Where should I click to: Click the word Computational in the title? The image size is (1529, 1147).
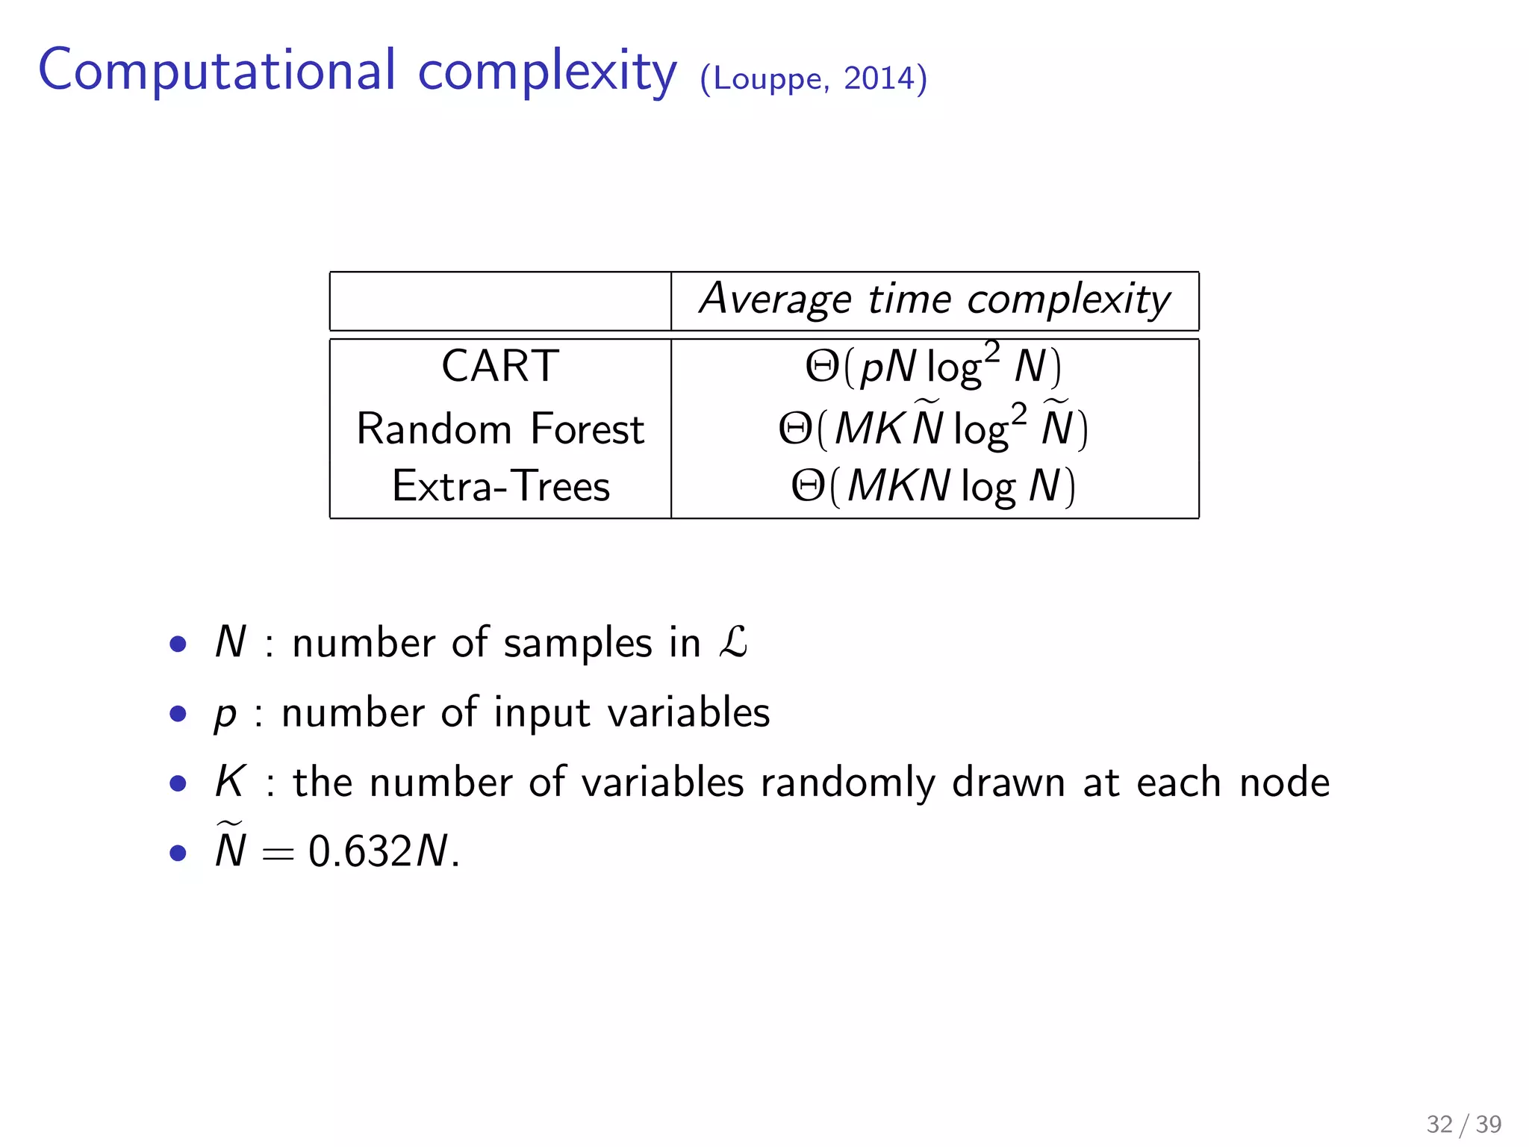click(x=217, y=70)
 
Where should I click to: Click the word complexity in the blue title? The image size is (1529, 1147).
click(x=546, y=72)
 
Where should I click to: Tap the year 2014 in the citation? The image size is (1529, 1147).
click(x=879, y=78)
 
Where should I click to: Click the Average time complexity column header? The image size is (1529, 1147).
click(x=935, y=300)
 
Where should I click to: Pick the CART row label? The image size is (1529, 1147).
click(x=500, y=367)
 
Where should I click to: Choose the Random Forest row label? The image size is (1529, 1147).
click(x=500, y=429)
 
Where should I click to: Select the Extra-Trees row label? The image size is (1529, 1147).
click(x=500, y=486)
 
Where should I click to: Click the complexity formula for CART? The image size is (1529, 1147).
click(x=933, y=366)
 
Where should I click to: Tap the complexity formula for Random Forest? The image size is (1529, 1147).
click(x=933, y=428)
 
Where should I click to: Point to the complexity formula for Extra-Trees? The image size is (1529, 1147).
click(x=933, y=486)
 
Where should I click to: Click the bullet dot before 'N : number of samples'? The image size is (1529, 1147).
click(x=178, y=644)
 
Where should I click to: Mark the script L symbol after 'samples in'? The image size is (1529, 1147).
click(x=733, y=642)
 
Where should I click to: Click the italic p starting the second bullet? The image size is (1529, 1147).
click(x=225, y=715)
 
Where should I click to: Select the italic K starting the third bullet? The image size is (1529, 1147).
click(x=229, y=782)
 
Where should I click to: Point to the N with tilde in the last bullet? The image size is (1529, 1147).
click(x=230, y=848)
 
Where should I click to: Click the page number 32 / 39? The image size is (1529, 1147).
click(x=1463, y=1124)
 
